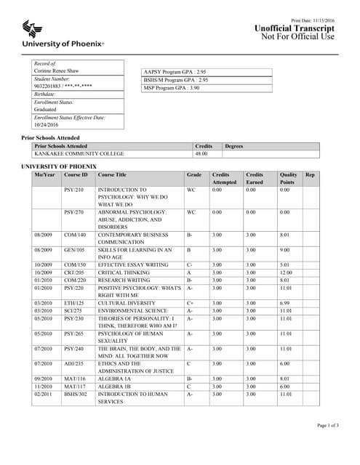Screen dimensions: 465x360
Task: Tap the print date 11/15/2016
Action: coord(324,20)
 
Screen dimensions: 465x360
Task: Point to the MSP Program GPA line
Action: coord(172,88)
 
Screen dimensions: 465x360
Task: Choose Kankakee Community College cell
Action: coord(79,154)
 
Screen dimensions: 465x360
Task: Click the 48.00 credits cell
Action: coord(201,154)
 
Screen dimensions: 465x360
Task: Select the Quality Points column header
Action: coord(288,179)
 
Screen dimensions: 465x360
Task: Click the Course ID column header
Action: coord(76,175)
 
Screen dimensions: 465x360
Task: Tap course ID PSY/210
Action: coord(74,190)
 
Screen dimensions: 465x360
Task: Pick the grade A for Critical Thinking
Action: coord(189,272)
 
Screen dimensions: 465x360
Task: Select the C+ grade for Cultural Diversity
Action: coord(190,302)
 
